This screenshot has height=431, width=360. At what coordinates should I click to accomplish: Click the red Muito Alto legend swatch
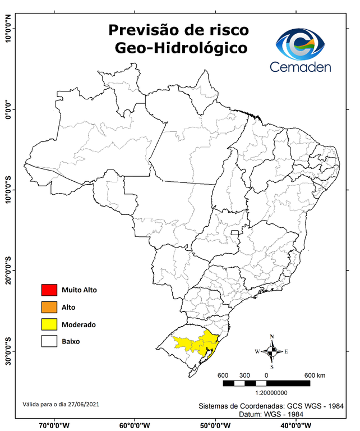[49, 290]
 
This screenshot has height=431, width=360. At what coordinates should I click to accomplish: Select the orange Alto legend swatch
[49, 307]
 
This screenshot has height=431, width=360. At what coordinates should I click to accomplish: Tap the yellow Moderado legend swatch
[49, 324]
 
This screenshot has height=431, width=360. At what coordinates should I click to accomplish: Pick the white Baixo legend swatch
[49, 341]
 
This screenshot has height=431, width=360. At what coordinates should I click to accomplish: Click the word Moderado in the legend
[79, 324]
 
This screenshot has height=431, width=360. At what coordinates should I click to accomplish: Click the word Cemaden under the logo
[300, 67]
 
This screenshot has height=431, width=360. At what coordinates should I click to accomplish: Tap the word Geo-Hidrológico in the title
[181, 48]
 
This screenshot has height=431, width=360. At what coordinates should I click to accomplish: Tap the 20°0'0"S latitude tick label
[8, 271]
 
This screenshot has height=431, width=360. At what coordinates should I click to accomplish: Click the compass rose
[271, 352]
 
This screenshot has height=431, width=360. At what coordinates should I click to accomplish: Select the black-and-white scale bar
[266, 383]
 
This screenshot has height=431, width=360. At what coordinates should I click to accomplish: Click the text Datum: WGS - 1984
[271, 414]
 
